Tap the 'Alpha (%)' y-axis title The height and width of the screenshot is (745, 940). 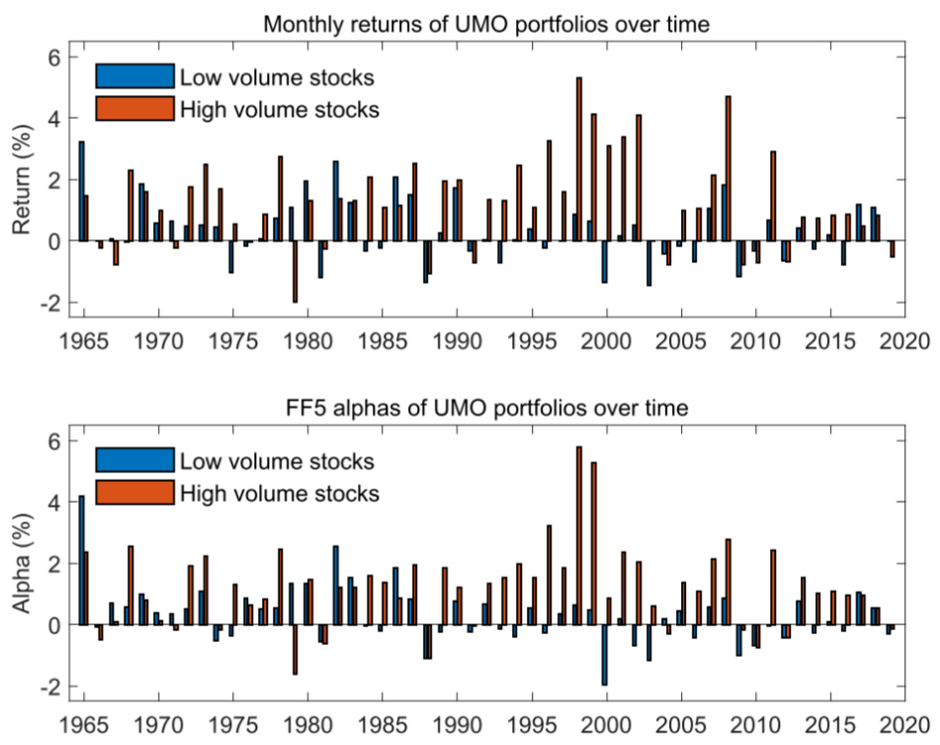click(x=23, y=566)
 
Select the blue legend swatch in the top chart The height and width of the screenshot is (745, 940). click(x=134, y=77)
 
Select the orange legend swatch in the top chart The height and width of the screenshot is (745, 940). click(x=134, y=107)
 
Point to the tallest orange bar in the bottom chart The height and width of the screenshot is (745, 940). click(x=579, y=535)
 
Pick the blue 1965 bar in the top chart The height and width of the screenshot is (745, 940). click(x=81, y=191)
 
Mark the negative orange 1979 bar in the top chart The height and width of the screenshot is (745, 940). click(x=295, y=271)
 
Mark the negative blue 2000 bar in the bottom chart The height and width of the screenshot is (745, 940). click(x=604, y=655)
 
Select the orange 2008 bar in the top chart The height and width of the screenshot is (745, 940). click(x=728, y=168)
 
